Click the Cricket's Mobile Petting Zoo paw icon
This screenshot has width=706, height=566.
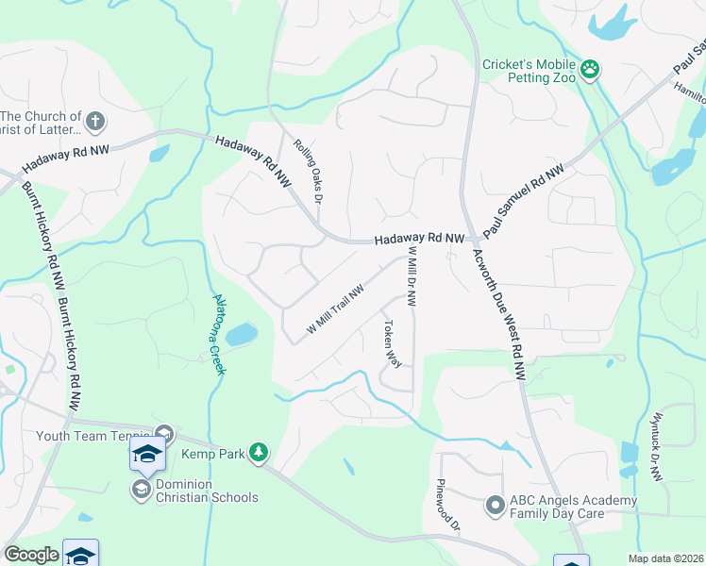[x=591, y=68]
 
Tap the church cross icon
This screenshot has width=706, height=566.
[x=94, y=121]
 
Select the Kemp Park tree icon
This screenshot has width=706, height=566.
[x=259, y=454]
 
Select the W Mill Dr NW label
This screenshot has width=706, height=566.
[x=412, y=276]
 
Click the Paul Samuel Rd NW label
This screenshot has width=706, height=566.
[x=522, y=200]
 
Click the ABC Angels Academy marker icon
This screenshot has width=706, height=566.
[x=495, y=506]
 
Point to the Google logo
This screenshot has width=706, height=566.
[x=31, y=555]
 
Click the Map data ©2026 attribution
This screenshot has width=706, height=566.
[x=665, y=558]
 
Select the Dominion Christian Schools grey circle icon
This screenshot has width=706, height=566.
[x=142, y=489]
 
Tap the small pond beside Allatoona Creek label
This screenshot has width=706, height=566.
[x=242, y=334]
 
